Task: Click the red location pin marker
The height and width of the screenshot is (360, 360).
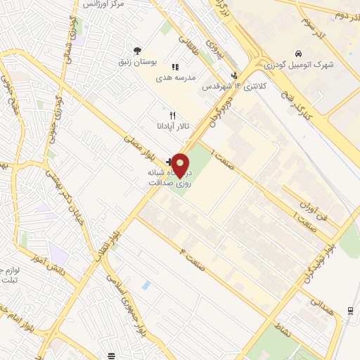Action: [181, 165]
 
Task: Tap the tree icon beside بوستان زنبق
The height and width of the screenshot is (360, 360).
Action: [137, 50]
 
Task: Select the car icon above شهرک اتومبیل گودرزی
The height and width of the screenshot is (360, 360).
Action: [298, 54]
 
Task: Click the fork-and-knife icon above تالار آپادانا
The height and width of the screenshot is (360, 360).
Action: [173, 115]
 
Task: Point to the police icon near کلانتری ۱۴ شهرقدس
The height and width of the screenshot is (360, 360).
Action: [235, 76]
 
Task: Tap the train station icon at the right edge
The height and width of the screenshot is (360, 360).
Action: [350, 311]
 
